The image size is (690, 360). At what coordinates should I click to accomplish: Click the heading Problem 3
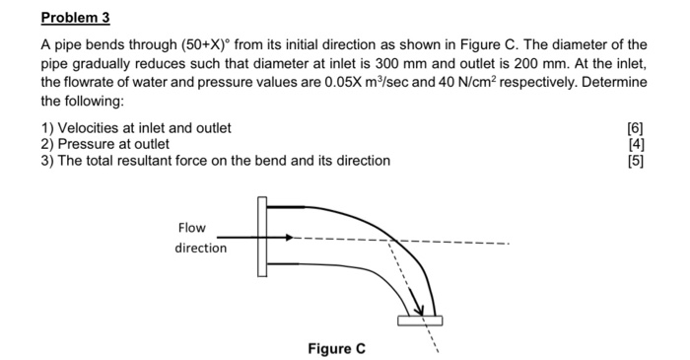(76, 17)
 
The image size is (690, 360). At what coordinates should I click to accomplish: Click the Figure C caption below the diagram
(336, 348)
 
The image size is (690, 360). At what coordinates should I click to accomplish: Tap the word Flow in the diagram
(192, 228)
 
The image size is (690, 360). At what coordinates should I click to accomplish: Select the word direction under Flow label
(201, 248)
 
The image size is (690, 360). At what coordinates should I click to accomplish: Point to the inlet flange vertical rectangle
(261, 238)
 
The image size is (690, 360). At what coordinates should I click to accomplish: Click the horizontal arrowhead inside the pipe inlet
(288, 238)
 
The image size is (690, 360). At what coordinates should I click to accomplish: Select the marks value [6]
(635, 127)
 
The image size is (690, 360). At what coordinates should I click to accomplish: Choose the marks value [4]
(635, 144)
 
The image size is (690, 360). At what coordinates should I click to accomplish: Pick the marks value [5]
(635, 160)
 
